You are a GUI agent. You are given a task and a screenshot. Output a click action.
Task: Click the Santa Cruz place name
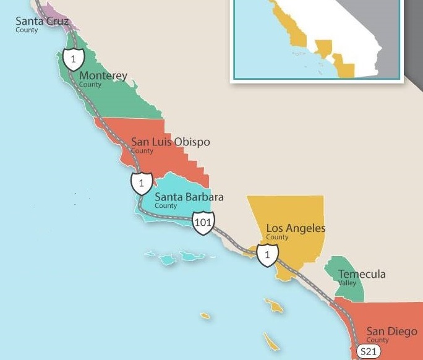tap(42, 21)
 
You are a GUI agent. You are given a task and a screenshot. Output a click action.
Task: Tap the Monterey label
tap(103, 76)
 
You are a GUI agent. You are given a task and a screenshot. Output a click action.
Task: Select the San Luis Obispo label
tap(170, 142)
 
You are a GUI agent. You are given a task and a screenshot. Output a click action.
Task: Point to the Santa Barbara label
tap(189, 197)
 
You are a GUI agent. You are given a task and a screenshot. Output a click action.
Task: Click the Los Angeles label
tap(296, 228)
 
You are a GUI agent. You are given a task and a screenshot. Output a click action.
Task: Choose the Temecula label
tap(362, 274)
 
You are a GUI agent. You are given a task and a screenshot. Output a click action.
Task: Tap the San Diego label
tap(391, 332)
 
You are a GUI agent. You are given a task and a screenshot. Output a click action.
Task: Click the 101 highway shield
tap(203, 222)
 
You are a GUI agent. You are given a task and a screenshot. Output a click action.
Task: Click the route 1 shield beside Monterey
tap(73, 59)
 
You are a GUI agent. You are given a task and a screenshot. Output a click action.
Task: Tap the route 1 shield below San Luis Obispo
tap(142, 183)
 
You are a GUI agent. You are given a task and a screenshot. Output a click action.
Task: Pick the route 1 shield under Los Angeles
tap(267, 254)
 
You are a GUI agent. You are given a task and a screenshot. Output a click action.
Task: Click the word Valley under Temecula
tap(347, 283)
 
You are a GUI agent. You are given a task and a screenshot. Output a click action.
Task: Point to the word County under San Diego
tap(377, 340)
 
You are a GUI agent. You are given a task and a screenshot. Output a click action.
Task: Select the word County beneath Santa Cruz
tap(27, 30)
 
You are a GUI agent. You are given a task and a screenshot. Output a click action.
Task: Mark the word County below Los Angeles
tap(277, 237)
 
